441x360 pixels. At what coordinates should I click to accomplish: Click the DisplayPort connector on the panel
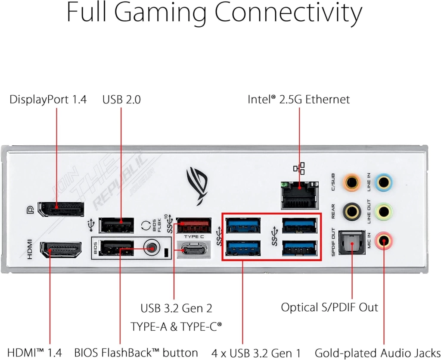pos(61,210)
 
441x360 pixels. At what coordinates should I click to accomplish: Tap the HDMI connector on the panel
pos(61,250)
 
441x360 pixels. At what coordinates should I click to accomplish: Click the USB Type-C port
pos(194,249)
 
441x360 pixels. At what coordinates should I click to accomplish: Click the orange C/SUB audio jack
pos(351,183)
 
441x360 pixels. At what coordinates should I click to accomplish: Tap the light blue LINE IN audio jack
pos(384,183)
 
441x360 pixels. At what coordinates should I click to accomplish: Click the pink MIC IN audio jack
pos(384,241)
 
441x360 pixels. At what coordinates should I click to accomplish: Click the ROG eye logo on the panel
pos(197,186)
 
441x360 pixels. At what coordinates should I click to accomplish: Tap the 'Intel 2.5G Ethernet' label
pos(299,99)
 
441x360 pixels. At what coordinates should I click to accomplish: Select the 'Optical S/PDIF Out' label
pos(329,307)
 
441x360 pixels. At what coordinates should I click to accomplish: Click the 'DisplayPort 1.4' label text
pos(48,100)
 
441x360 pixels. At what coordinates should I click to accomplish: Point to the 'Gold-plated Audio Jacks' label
pos(377,353)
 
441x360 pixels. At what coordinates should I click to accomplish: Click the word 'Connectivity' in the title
pos(289,13)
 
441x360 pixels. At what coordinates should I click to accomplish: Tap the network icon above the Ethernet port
pos(299,168)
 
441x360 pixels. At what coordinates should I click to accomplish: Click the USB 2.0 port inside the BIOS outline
pos(116,248)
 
